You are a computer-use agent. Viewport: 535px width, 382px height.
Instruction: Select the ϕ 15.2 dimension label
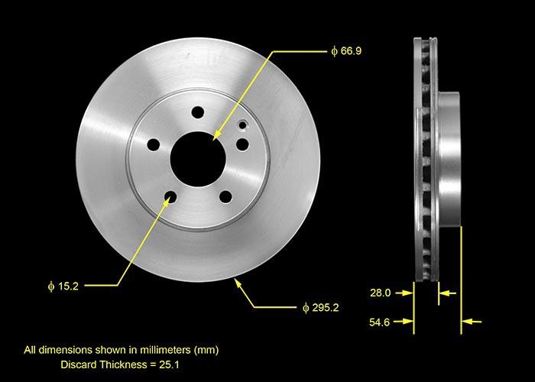click(63, 286)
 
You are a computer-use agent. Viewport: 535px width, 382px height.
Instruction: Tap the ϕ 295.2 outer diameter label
click(321, 308)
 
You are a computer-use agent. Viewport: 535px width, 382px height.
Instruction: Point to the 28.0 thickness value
click(380, 293)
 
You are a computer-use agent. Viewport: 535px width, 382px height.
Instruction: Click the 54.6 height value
click(380, 322)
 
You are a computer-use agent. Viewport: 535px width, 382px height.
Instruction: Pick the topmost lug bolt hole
click(198, 113)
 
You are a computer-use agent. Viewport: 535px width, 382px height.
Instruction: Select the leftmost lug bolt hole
click(153, 144)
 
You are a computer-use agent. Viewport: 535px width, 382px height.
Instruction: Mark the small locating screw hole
click(243, 125)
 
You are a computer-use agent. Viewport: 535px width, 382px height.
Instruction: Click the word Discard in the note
click(79, 365)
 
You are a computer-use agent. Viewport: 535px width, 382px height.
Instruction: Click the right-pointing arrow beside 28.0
click(407, 293)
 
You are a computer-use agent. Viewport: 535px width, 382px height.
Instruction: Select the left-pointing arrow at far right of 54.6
click(473, 322)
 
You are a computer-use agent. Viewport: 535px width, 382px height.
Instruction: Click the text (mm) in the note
click(206, 350)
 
